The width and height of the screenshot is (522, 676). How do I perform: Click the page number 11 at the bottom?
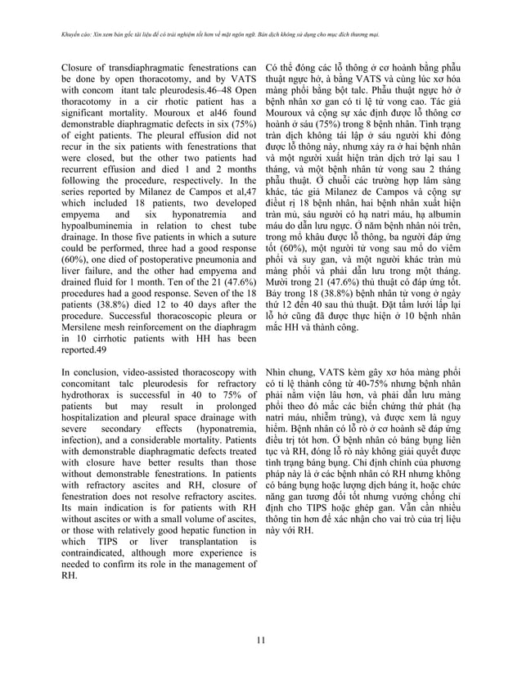(x=260, y=638)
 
